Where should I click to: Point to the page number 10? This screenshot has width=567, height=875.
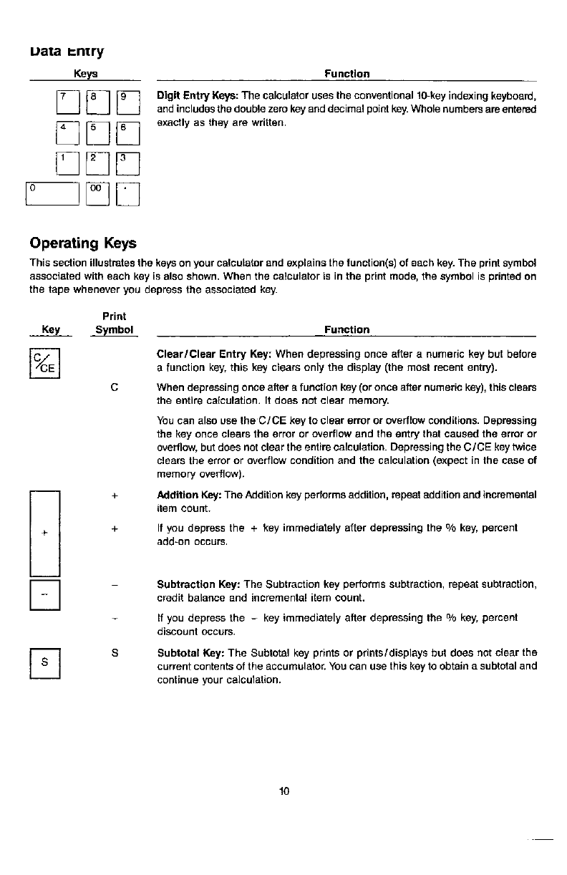tap(283, 791)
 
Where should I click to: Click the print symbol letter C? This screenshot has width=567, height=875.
tap(115, 387)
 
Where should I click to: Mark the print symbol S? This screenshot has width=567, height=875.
tap(115, 652)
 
